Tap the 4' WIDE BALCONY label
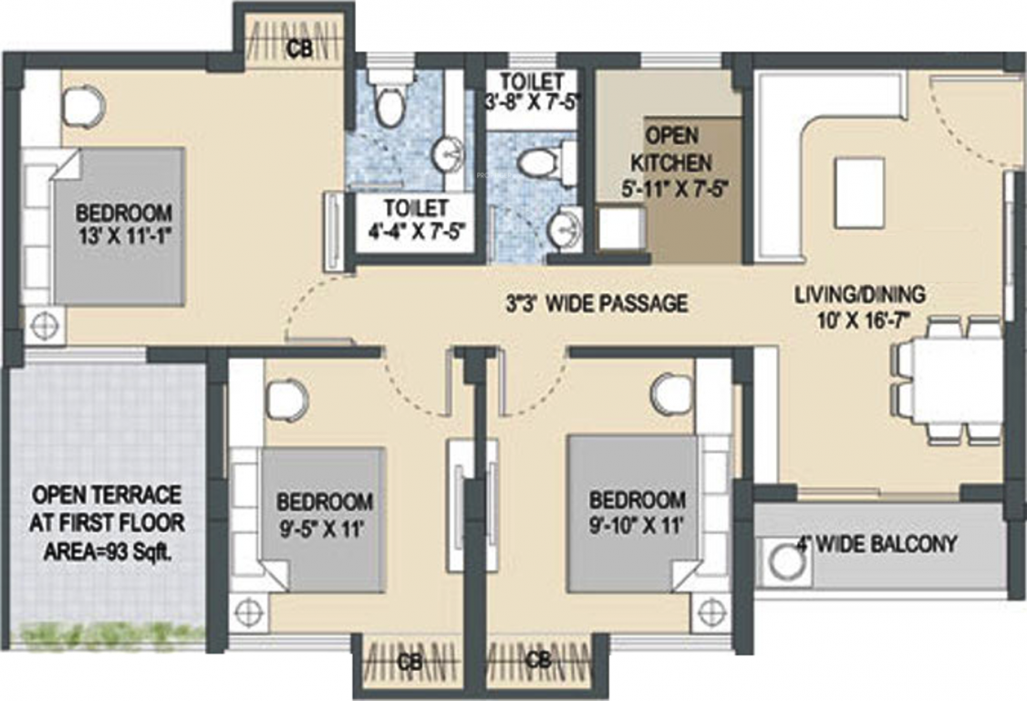tap(877, 545)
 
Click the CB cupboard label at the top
tap(298, 50)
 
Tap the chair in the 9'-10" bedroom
tap(672, 393)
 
